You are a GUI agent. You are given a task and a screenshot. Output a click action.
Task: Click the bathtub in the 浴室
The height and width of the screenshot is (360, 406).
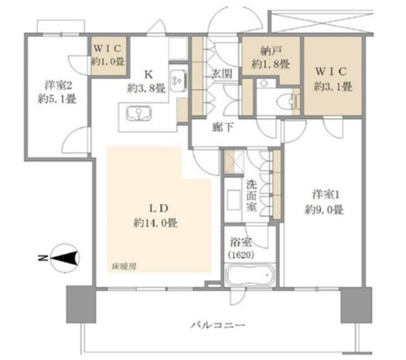coord(249,275)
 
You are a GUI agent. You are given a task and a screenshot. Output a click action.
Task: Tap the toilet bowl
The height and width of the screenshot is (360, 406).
coord(286,100)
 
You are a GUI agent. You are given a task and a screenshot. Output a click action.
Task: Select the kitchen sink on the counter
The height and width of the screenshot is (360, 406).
coord(139,114)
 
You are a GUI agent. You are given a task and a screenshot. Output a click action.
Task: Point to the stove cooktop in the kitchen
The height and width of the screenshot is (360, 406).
coord(179,81)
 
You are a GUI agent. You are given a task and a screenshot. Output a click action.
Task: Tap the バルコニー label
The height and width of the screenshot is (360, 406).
coord(218,325)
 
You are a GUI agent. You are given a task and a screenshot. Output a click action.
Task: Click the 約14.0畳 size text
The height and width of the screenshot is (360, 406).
coord(155,223)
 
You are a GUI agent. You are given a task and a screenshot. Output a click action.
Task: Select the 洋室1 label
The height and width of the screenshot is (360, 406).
coord(325,195)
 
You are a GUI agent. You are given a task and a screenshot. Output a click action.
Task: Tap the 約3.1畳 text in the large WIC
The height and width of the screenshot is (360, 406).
coord(332,87)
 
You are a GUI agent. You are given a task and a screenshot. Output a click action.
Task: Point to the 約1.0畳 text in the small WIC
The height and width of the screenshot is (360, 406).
coord(108,61)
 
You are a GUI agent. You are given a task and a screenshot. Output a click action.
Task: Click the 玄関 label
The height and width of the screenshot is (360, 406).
coord(221,75)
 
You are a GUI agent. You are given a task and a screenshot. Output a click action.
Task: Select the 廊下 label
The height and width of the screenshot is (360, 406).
coord(223,127)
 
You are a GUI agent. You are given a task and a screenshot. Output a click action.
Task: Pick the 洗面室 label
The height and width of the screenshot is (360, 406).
coord(251,196)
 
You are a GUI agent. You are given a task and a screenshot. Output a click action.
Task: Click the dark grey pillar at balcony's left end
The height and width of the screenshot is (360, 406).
coord(81,304)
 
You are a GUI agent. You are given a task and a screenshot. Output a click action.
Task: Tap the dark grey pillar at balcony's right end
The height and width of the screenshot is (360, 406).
coord(357,305)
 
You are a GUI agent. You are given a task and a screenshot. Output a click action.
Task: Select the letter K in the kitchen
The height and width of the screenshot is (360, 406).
coord(148,75)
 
